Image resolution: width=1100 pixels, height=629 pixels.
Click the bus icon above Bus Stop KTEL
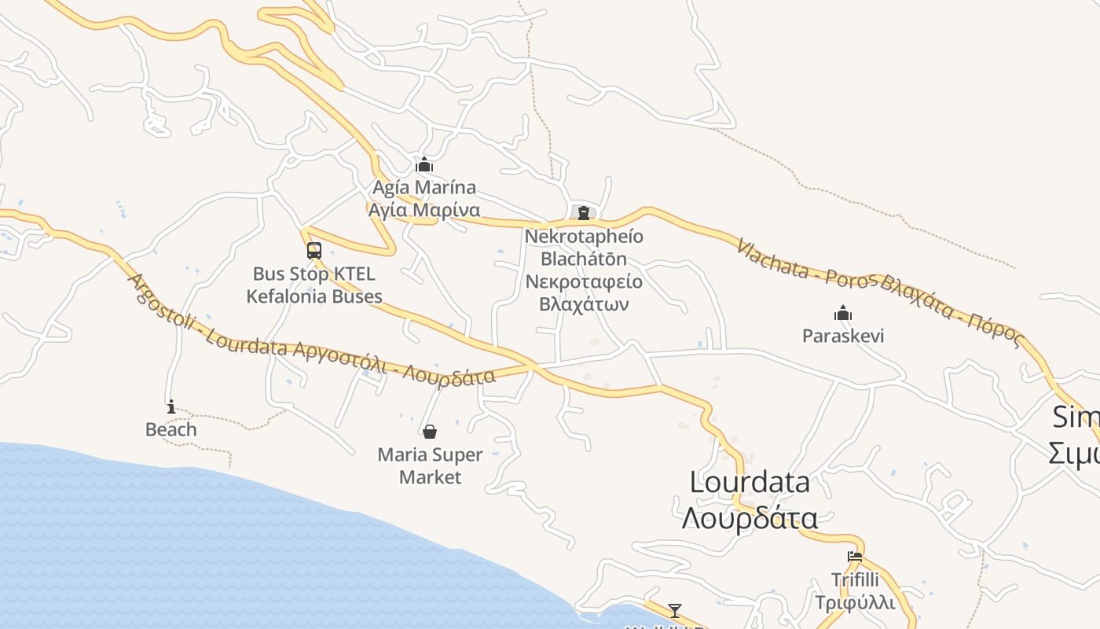(x=314, y=251)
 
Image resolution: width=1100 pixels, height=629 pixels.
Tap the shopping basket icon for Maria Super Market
(x=430, y=432)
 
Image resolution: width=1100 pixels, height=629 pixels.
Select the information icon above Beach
(x=171, y=406)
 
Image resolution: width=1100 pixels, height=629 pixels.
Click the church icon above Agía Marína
(x=424, y=164)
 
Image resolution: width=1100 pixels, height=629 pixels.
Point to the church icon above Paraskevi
(x=843, y=313)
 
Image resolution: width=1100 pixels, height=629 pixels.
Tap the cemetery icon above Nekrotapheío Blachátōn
(x=583, y=212)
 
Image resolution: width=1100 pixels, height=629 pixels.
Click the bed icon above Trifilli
(x=855, y=557)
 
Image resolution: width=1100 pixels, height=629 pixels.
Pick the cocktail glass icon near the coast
(x=674, y=610)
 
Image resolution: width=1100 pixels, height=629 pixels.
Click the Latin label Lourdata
(x=750, y=481)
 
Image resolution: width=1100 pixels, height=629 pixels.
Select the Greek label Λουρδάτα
(x=750, y=518)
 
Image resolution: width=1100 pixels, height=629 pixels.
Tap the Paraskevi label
(x=843, y=336)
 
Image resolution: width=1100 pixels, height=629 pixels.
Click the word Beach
(x=171, y=429)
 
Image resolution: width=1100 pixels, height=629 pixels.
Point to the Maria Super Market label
(x=430, y=465)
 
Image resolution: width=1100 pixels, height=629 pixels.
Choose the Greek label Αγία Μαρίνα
(x=424, y=210)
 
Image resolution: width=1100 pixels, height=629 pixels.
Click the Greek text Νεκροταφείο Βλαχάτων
(x=584, y=292)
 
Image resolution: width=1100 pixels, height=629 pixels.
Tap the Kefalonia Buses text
(x=314, y=296)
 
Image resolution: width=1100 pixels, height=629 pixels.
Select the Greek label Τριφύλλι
(x=855, y=602)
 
